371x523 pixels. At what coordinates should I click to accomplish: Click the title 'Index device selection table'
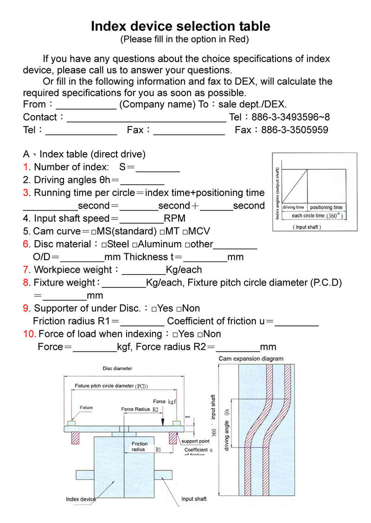click(x=180, y=26)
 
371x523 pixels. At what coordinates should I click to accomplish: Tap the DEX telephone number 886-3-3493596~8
click(x=291, y=117)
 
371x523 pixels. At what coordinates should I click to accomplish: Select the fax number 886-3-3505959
click(x=294, y=130)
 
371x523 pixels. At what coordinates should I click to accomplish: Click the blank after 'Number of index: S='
click(x=157, y=168)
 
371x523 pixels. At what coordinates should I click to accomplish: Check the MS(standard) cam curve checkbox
click(x=94, y=231)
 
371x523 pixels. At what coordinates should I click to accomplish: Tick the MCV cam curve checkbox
click(x=185, y=231)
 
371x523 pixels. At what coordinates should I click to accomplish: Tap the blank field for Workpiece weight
click(x=143, y=270)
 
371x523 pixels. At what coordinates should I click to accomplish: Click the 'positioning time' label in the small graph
click(x=326, y=207)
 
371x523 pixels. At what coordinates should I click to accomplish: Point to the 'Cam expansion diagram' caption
click(x=250, y=359)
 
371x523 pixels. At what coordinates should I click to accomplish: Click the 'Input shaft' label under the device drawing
click(x=194, y=499)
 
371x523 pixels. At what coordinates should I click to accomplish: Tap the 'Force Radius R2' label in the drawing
click(x=140, y=409)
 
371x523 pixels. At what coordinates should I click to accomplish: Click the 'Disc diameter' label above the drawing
click(x=117, y=368)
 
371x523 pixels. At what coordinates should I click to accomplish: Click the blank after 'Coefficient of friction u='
click(x=296, y=322)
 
